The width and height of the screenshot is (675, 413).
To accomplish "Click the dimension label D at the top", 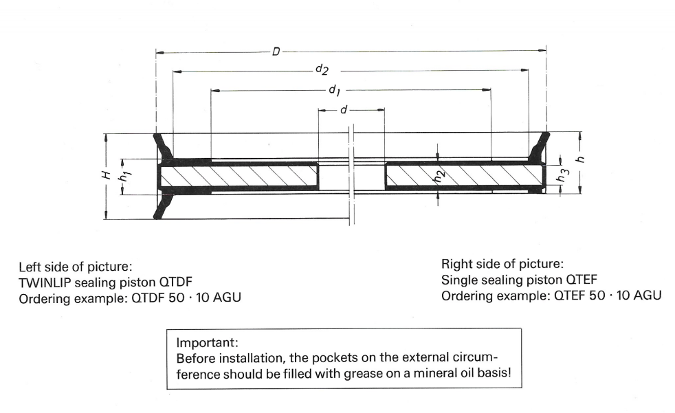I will pos(275,51).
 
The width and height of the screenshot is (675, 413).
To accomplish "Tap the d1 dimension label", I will pos(334,90).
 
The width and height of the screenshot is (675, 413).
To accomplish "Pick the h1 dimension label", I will pos(124,177).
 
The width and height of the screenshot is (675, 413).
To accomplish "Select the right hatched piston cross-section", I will pos(457,177).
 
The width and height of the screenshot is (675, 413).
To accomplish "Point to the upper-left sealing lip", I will pos(164,146).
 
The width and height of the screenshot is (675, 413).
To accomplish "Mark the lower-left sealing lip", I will pos(164,206).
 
